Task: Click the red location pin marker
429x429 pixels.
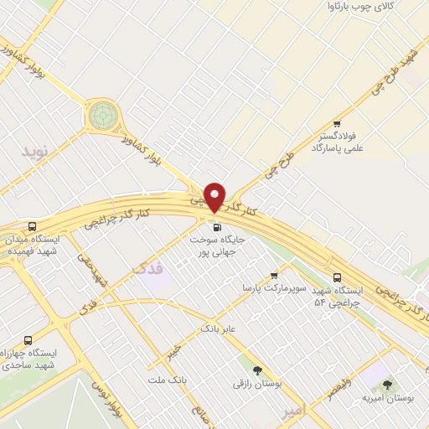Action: (x=215, y=196)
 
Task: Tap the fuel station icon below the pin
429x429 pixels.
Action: (x=217, y=226)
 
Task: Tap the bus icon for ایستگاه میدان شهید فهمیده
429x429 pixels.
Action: (x=32, y=226)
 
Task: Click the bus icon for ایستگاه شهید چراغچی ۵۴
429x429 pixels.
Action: (x=337, y=277)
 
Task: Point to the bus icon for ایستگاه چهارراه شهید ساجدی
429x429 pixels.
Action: (x=28, y=340)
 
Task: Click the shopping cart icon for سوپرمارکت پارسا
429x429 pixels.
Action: (x=274, y=276)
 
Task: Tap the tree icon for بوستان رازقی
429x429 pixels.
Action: (x=257, y=370)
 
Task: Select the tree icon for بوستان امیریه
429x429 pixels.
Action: (x=386, y=385)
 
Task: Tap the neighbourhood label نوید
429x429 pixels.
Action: (x=36, y=152)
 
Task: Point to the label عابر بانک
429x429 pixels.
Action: (x=219, y=329)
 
